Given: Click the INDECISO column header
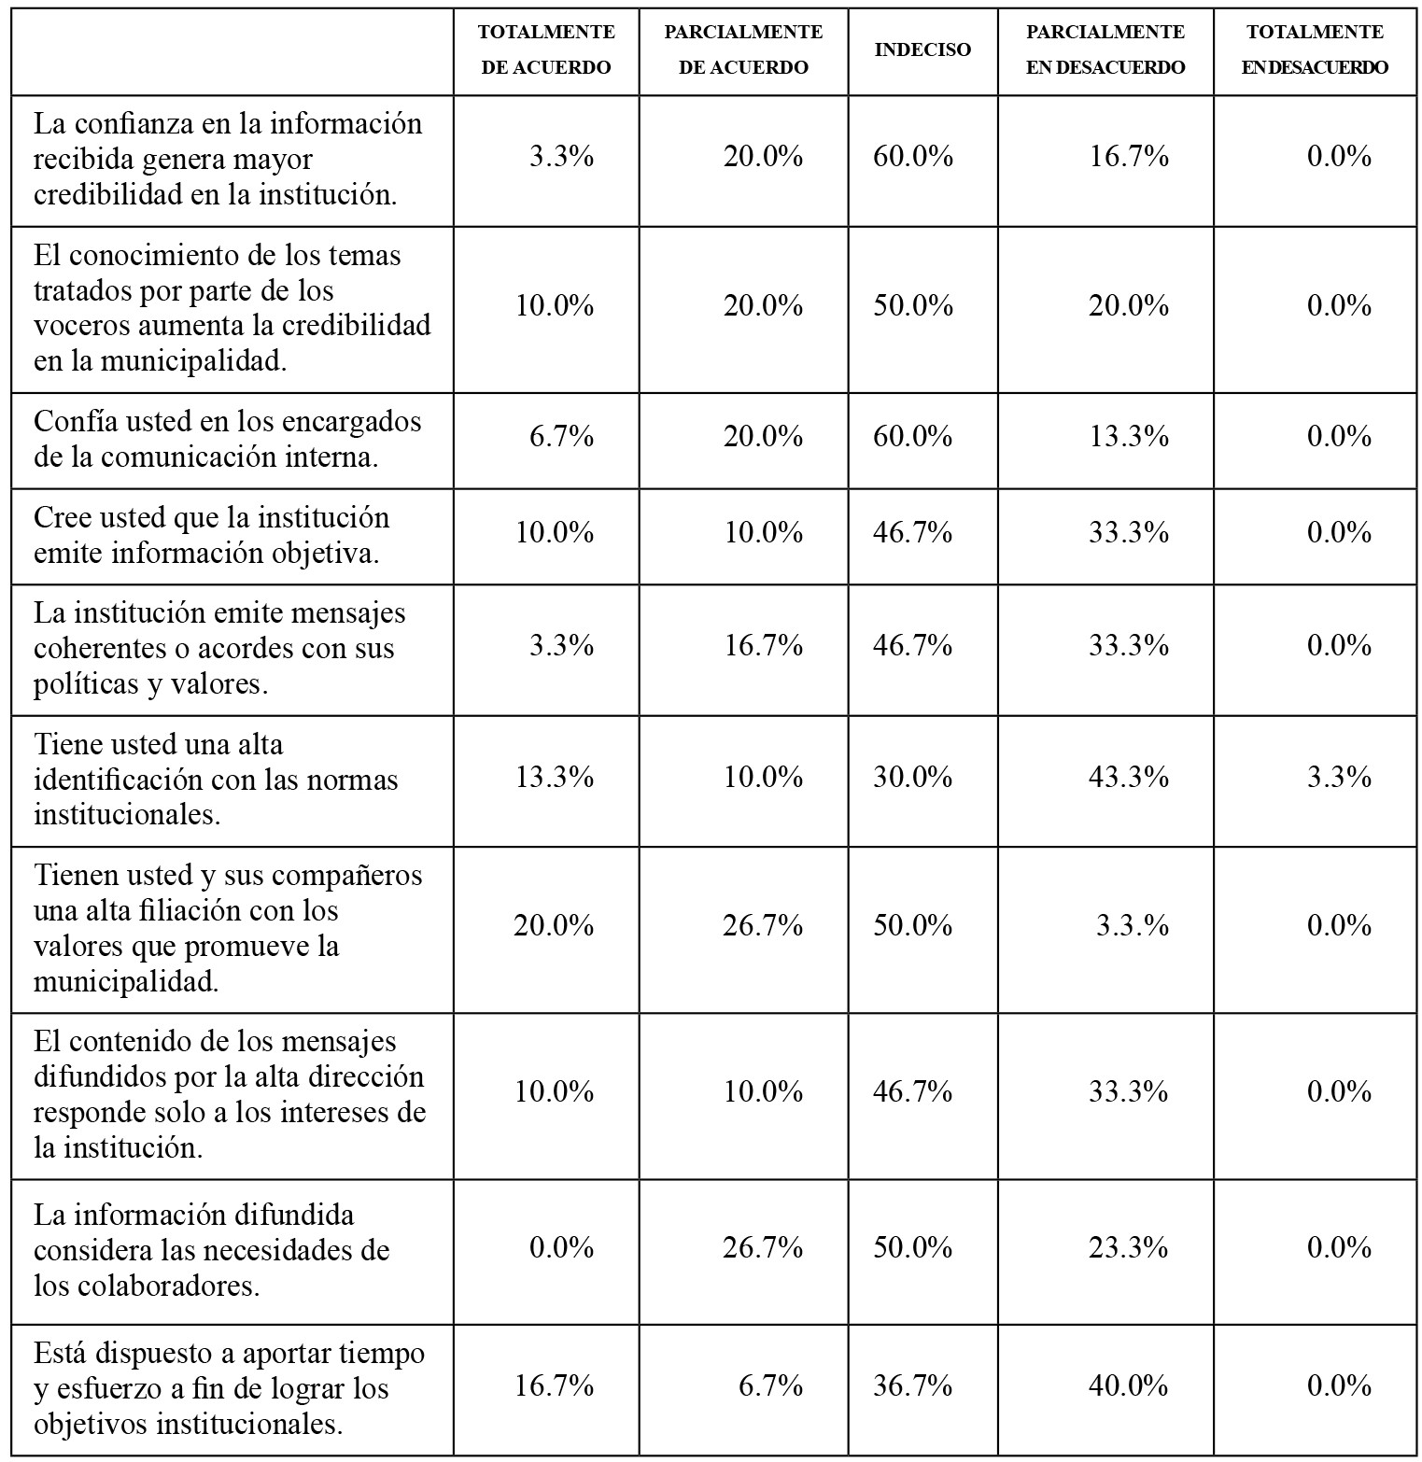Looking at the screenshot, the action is coord(922,49).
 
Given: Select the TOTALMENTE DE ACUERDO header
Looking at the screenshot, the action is coord(546,49).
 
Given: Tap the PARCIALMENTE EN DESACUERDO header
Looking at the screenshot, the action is coord(1105,49).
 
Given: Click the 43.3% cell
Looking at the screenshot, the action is coord(1129,777).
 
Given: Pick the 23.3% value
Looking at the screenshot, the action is coord(1129,1247).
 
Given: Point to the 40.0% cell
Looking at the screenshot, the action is coord(1129,1385).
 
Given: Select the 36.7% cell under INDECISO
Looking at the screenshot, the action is coord(913,1385).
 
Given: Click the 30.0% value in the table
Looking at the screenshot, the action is coord(913,777).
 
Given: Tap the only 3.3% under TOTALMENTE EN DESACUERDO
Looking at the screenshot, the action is coord(1339,777).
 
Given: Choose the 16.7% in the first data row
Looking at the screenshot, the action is coord(1129,156).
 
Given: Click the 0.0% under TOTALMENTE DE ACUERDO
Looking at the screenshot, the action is coord(561,1247).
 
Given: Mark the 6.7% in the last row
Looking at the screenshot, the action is coord(770,1385).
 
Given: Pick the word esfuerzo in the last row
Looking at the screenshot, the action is coord(105,1388).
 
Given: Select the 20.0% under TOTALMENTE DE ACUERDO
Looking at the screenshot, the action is coord(554,925).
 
